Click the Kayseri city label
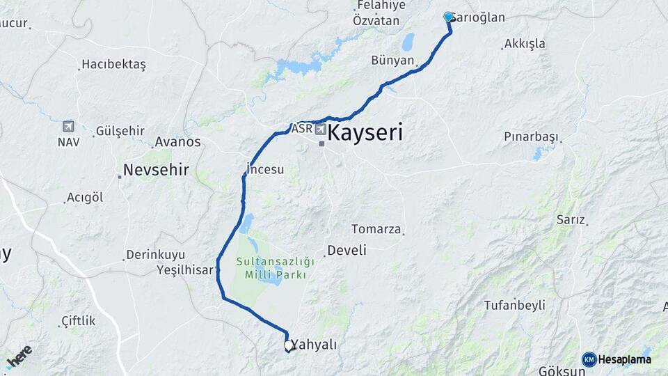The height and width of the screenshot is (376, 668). point(365,133)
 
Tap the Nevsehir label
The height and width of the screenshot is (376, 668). point(156,169)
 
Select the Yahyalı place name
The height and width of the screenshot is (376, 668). point(314,345)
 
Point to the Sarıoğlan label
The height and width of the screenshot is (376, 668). point(480,18)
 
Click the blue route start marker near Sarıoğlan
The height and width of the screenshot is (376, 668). point(449,17)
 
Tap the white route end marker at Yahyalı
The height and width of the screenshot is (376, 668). point(289,345)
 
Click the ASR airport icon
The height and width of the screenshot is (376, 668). point(320,129)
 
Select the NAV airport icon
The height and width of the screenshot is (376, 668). point(67,126)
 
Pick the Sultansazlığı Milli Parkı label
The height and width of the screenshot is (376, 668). point(276,268)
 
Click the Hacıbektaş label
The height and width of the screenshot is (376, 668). point(113,64)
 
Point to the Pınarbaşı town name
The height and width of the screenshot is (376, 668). point(531,136)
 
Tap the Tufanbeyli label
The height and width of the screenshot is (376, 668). point(514,305)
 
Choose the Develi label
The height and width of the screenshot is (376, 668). point(347,250)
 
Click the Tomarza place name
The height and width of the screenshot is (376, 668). point(376,229)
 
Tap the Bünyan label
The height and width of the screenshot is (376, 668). point(392,61)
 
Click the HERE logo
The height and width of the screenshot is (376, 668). point(19,356)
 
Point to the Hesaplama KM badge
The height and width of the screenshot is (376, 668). point(617,359)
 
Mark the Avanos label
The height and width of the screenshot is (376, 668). point(177,142)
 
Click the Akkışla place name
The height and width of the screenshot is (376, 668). point(525,44)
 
